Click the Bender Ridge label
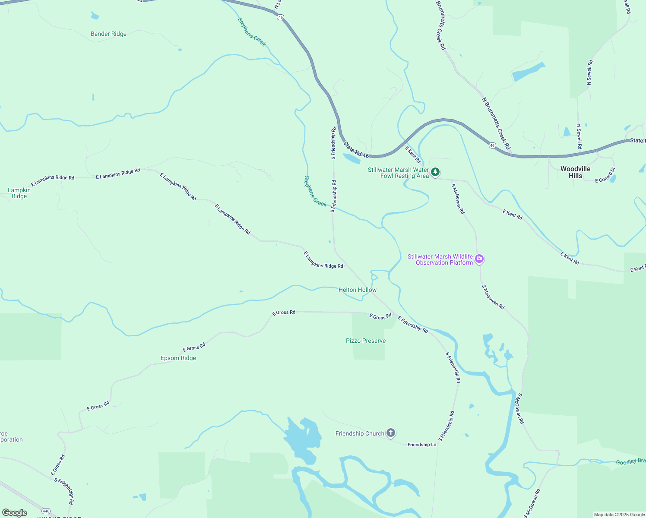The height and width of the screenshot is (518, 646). (108, 34)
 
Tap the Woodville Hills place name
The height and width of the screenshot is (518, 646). (575, 172)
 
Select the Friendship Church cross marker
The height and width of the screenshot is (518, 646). (391, 433)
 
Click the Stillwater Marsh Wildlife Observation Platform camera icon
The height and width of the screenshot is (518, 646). (479, 259)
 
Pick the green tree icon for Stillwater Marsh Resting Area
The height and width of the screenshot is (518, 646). (435, 172)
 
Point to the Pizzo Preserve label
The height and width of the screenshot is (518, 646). (366, 341)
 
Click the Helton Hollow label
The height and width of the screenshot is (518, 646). (358, 290)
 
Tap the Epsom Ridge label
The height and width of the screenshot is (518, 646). (178, 358)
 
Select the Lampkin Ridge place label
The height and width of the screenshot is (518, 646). (19, 193)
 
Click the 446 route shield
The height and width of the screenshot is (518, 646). (46, 511)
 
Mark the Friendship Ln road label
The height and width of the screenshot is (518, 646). (422, 445)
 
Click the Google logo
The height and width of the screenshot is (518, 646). (15, 512)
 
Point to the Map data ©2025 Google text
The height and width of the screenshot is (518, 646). (619, 515)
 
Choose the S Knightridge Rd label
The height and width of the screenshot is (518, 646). (64, 491)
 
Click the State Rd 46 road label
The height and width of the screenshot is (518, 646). (356, 150)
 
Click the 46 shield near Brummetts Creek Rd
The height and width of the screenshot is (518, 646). (492, 145)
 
